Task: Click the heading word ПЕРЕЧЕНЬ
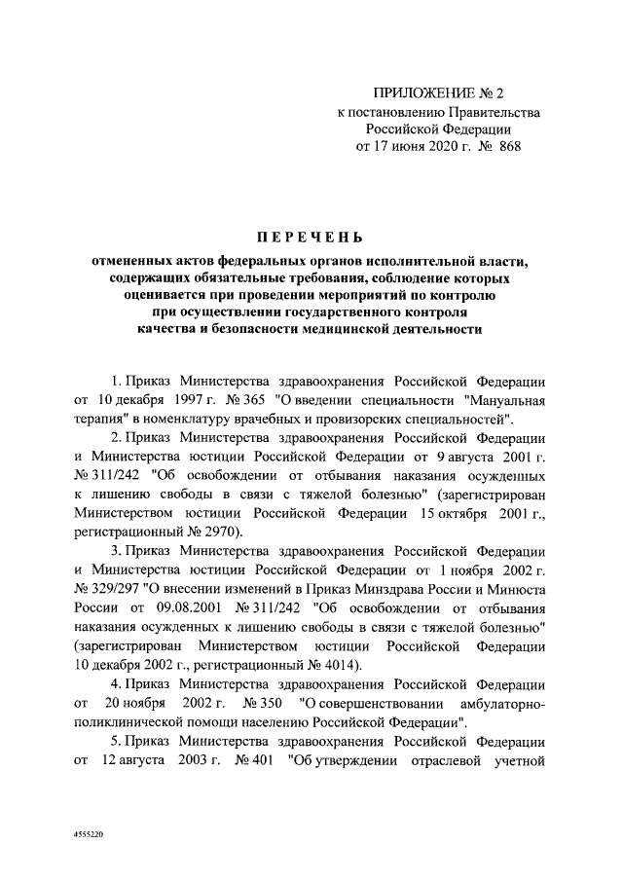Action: point(311,237)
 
